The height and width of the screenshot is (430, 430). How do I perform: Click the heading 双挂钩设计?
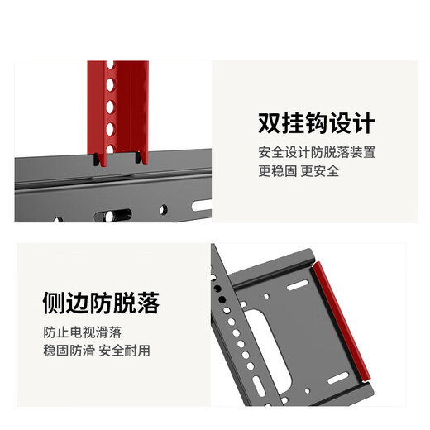pos(316,124)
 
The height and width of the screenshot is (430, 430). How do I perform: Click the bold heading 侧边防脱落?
pos(101,303)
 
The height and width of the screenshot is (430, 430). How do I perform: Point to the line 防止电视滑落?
pos(82,332)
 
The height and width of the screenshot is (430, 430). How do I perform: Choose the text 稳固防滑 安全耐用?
pos(97,350)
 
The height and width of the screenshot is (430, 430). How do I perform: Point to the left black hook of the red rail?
pos(98,158)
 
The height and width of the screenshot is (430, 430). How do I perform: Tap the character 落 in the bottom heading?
pos(147,303)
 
